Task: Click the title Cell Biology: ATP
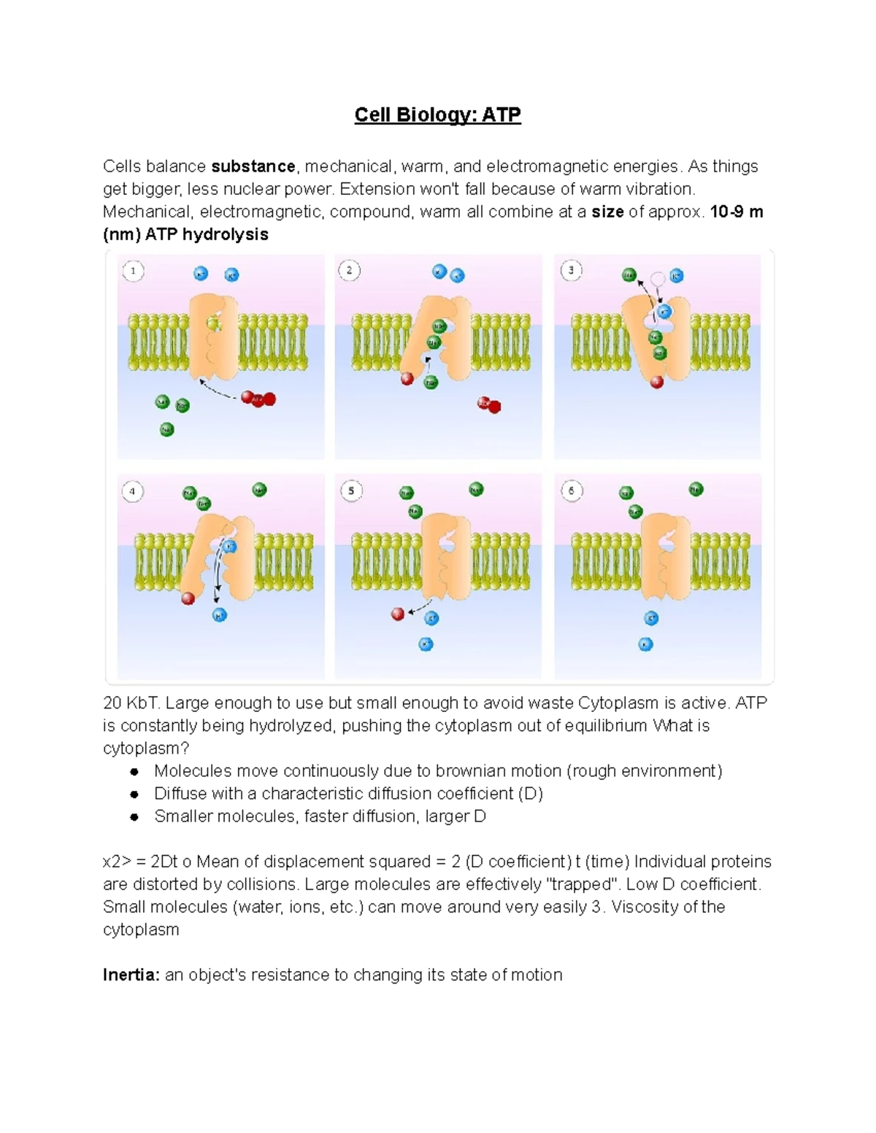437,115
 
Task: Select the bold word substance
253,166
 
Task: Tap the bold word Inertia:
131,975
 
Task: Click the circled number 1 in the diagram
133,272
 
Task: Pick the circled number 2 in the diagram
349,271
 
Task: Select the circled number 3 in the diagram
571,271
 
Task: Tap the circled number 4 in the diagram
132,492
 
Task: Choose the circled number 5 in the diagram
351,491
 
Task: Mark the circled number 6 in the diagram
572,491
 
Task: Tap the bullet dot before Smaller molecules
134,817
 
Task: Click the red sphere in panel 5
398,614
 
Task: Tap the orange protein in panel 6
665,558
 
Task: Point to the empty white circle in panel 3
658,278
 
